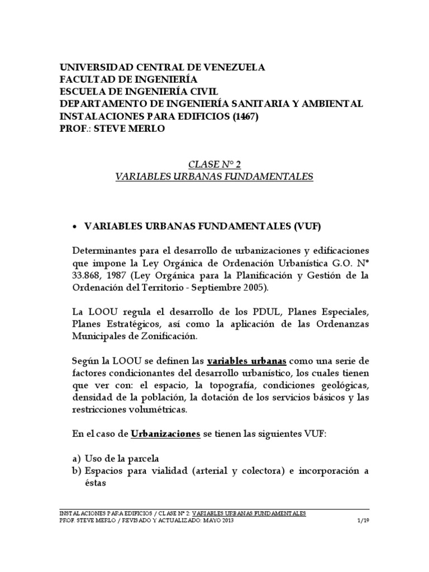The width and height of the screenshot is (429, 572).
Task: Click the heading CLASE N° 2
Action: [x=215, y=165]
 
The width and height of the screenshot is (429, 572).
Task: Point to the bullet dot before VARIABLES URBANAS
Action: [x=75, y=226]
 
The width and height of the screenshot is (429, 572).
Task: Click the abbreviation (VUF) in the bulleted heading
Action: [x=307, y=226]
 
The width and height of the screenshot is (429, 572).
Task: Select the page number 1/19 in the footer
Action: [x=362, y=521]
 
